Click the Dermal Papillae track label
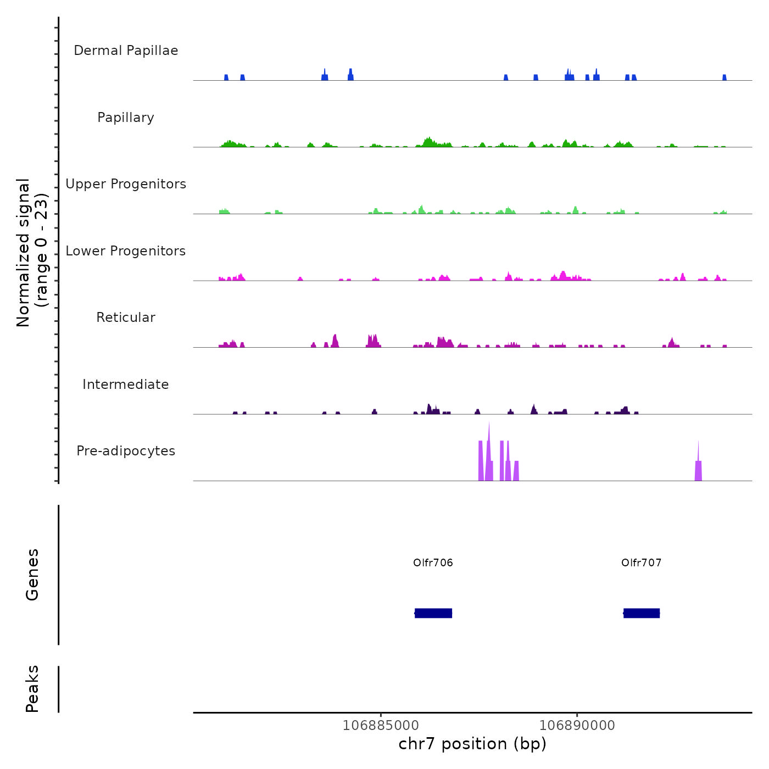(126, 51)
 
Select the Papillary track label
(126, 118)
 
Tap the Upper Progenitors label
(126, 184)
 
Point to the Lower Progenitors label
(126, 251)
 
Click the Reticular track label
(126, 317)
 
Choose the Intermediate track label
(126, 384)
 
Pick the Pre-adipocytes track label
(126, 451)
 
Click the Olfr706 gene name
(433, 562)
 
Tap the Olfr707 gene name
(641, 562)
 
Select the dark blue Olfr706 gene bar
(433, 613)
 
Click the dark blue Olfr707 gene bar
(642, 613)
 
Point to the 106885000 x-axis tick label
(380, 726)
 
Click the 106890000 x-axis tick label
(577, 726)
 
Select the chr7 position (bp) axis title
(472, 744)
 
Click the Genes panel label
(32, 575)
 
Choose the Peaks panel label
(32, 689)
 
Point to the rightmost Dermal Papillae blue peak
(724, 77)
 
